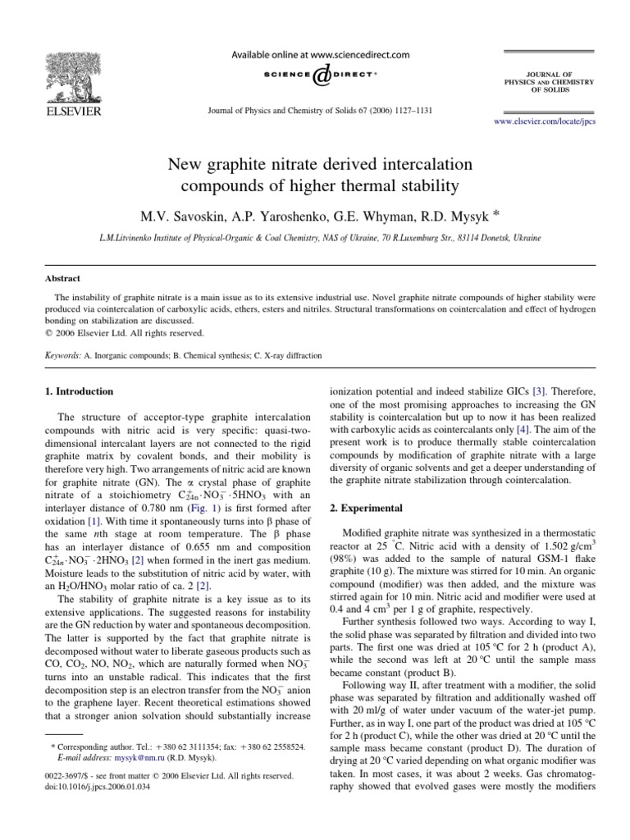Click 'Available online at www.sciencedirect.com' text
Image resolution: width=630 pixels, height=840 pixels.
tap(320, 55)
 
